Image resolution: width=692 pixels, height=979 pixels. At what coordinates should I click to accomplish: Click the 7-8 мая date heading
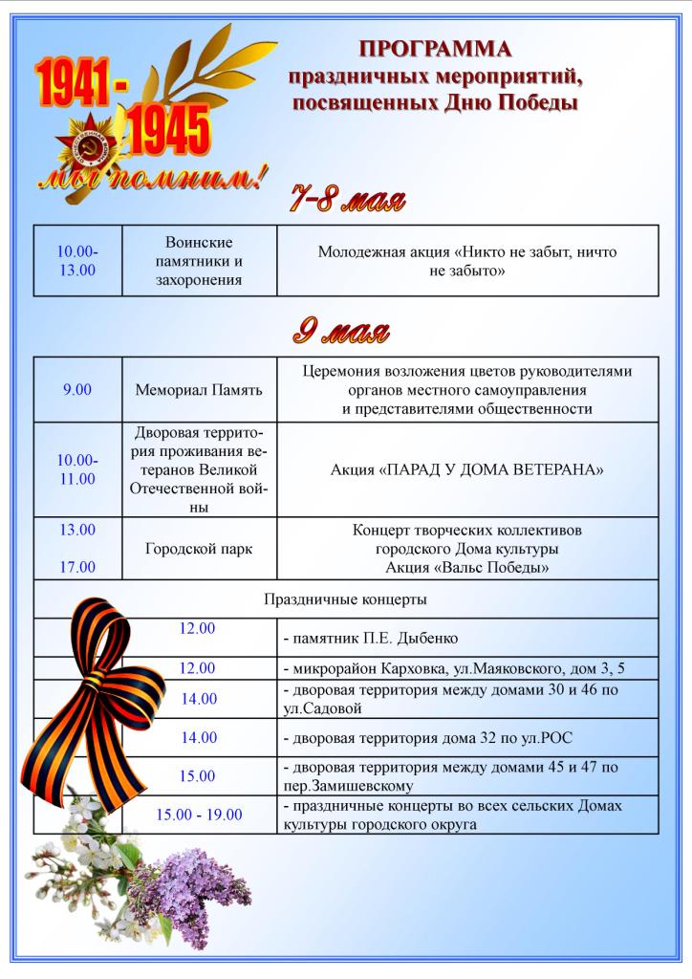(348, 201)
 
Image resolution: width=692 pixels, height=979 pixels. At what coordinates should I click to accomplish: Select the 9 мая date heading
(341, 332)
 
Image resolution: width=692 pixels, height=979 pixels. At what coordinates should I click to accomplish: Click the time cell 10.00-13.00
(77, 260)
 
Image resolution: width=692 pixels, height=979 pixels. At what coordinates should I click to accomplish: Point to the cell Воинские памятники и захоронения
(199, 261)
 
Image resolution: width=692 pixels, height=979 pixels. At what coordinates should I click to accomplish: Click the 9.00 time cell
(77, 390)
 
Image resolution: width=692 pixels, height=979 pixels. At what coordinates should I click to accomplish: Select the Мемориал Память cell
(199, 390)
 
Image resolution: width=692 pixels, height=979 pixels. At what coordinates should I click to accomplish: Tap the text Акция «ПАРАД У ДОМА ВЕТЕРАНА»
(467, 469)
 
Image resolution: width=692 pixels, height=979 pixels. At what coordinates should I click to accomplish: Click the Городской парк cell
(199, 549)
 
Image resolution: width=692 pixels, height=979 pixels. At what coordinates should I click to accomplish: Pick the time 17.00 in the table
(77, 567)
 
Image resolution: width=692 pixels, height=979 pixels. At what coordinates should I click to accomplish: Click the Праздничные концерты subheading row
(345, 599)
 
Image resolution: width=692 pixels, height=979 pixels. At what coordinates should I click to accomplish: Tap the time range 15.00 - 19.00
(200, 815)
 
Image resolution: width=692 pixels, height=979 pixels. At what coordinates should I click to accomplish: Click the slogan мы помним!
(151, 178)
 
